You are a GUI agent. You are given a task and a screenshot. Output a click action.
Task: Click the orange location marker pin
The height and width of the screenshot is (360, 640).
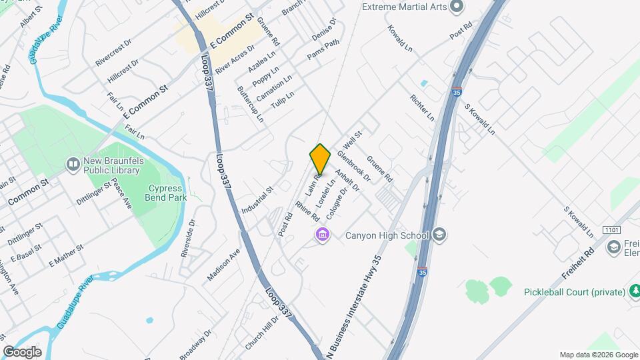pyautogui.click(x=320, y=159)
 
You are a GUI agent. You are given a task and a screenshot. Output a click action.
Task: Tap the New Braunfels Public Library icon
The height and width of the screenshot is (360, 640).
pyautogui.click(x=73, y=163)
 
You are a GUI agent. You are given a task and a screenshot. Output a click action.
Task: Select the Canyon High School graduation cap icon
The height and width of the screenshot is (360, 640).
pyautogui.click(x=439, y=235)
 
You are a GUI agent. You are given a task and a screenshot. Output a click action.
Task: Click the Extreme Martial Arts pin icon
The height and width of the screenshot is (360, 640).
pyautogui.click(x=457, y=7)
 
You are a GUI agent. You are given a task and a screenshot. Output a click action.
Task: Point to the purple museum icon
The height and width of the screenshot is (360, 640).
pyautogui.click(x=323, y=235)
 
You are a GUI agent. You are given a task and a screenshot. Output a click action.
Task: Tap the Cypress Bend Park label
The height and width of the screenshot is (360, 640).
pyautogui.click(x=166, y=193)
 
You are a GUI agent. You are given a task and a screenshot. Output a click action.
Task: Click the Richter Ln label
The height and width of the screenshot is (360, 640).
pyautogui.click(x=423, y=107)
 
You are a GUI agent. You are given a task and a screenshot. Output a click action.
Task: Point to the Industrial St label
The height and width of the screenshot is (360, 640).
pyautogui.click(x=258, y=200)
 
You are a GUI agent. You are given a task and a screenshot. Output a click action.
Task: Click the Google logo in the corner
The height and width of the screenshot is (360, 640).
pyautogui.click(x=22, y=351)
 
